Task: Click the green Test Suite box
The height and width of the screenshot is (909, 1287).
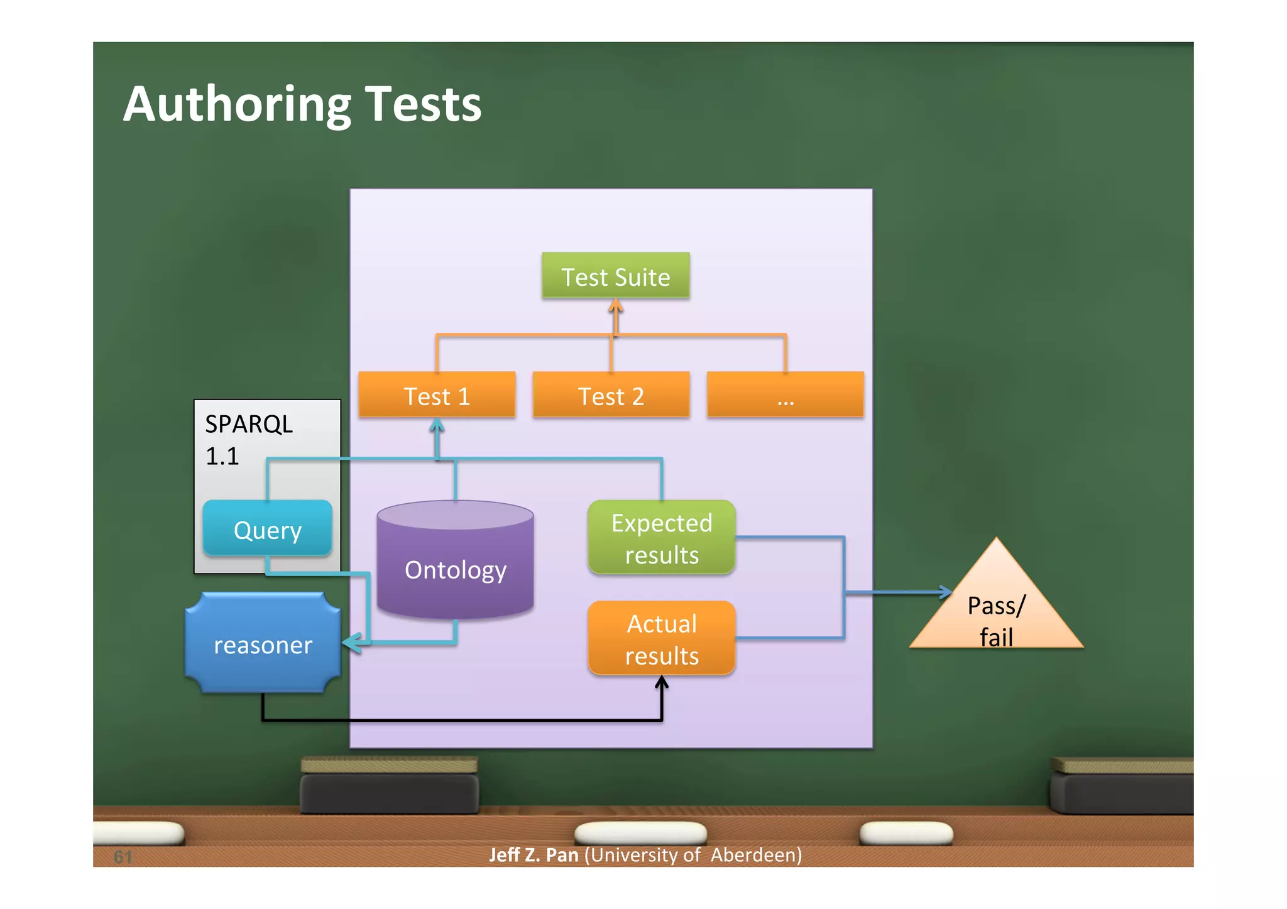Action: (x=615, y=276)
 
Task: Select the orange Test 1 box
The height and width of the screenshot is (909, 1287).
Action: (x=437, y=395)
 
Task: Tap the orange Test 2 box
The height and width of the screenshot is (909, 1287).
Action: (x=611, y=395)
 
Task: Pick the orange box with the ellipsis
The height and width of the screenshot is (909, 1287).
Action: (x=785, y=395)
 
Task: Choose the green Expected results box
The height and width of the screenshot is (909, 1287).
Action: (x=662, y=538)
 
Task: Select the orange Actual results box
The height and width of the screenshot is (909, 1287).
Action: (x=662, y=638)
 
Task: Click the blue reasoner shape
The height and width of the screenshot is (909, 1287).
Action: (x=263, y=644)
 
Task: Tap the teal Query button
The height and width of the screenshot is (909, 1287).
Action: (x=267, y=530)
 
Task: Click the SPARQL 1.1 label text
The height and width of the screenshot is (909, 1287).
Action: (x=248, y=439)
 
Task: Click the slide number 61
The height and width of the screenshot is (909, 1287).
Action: (x=123, y=856)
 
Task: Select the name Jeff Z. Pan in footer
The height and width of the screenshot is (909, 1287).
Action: (x=534, y=855)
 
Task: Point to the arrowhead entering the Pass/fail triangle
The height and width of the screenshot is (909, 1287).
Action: (x=946, y=592)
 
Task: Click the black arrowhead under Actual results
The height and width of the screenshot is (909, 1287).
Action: (x=662, y=682)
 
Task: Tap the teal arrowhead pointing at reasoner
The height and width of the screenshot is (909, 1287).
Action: (x=349, y=642)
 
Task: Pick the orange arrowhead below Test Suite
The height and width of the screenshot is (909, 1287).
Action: (x=615, y=306)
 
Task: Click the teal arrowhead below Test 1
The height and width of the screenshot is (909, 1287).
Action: (x=437, y=426)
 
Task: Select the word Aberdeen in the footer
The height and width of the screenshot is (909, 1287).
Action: (x=756, y=855)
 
